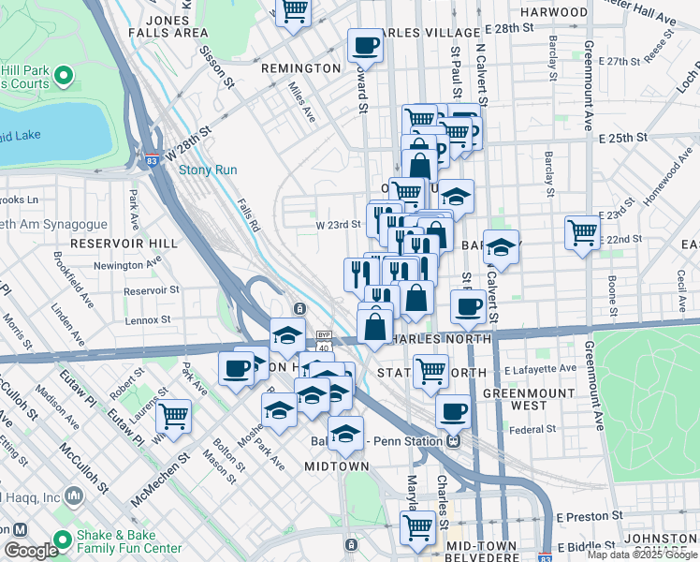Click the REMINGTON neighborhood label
click(x=301, y=68)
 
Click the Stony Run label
click(x=208, y=170)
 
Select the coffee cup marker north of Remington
click(x=364, y=45)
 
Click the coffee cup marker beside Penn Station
click(x=454, y=410)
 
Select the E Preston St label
click(x=590, y=515)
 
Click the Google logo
click(x=31, y=551)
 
